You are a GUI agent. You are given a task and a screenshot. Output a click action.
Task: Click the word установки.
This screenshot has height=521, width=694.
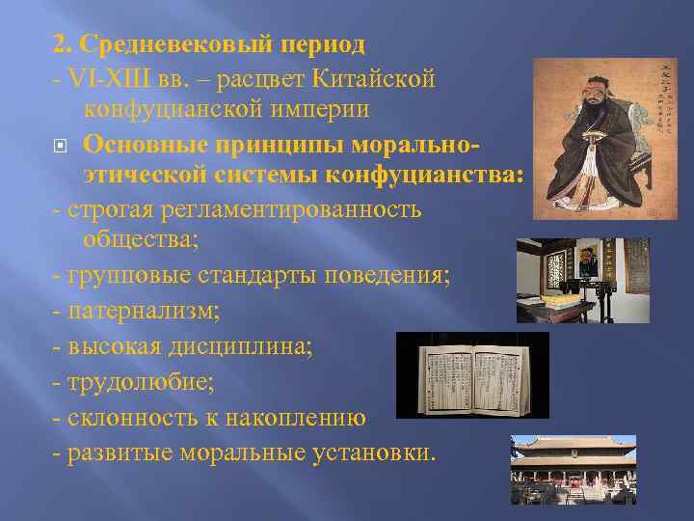click(370, 452)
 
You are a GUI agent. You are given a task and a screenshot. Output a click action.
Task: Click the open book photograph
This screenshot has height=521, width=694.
click(472, 375)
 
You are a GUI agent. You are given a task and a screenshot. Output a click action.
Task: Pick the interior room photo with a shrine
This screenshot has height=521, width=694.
click(582, 280)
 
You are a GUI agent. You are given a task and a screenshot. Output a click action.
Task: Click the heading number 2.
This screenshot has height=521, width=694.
click(59, 45)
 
